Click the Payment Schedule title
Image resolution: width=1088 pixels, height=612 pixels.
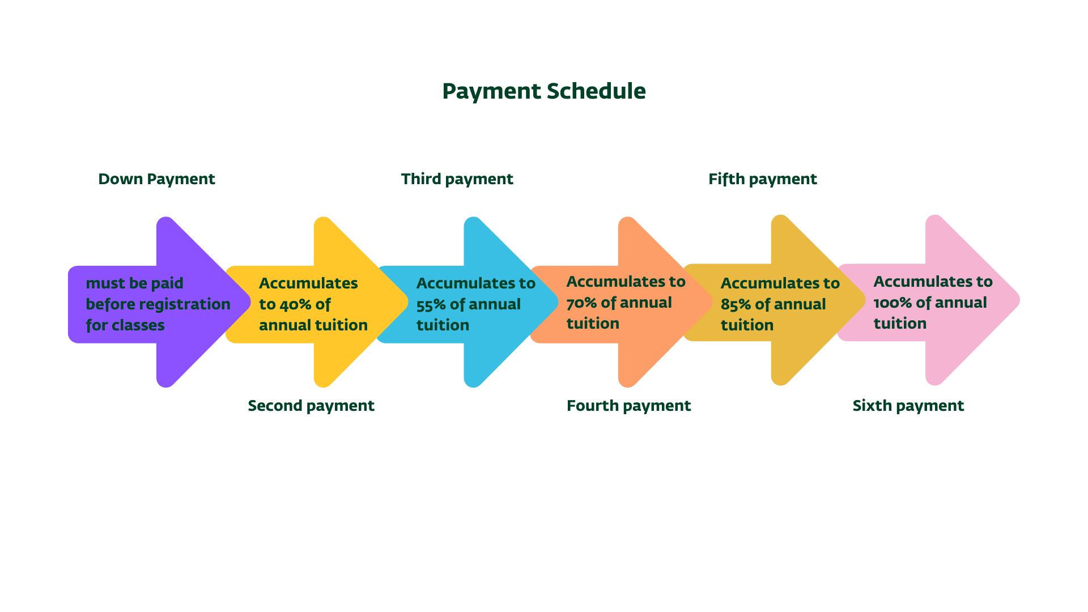pos(543,91)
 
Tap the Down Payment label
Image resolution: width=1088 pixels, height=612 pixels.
pos(156,179)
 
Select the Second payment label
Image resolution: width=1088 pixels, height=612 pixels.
pos(311,406)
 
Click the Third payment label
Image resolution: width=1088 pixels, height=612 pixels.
pos(457,179)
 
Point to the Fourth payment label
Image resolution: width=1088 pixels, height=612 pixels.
pos(628,406)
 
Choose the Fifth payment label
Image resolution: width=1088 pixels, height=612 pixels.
pos(762,179)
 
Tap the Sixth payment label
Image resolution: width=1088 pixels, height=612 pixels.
pos(908,406)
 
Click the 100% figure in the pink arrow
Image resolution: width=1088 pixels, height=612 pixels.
pos(892,303)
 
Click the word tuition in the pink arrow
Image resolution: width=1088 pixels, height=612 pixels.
pos(900,324)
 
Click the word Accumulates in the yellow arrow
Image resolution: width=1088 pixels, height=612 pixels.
pos(308,283)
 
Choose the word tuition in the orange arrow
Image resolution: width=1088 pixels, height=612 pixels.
pos(593,324)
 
